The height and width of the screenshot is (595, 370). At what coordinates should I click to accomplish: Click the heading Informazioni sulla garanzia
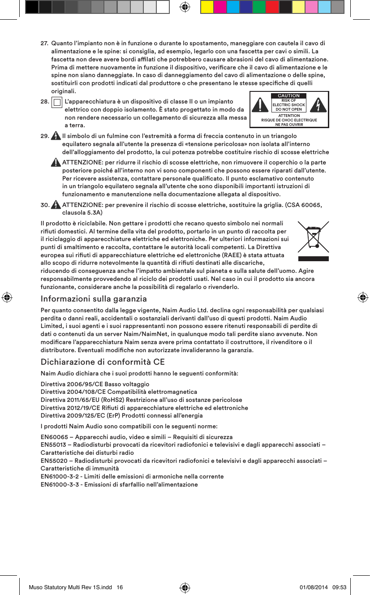click(94, 298)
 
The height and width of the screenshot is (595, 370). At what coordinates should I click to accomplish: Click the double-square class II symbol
click(57, 103)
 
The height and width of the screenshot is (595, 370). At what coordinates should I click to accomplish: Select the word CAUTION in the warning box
click(288, 95)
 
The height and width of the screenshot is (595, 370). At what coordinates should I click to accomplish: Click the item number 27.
click(44, 43)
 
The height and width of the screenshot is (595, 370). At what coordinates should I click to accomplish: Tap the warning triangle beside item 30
click(56, 205)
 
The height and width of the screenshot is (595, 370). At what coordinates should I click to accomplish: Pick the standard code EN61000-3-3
click(60, 485)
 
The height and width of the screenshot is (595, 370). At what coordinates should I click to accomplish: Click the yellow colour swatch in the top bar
click(207, 7)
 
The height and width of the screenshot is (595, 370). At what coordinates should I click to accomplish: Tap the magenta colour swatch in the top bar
click(219, 7)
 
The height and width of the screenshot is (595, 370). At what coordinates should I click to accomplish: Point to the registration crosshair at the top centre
click(184, 7)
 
